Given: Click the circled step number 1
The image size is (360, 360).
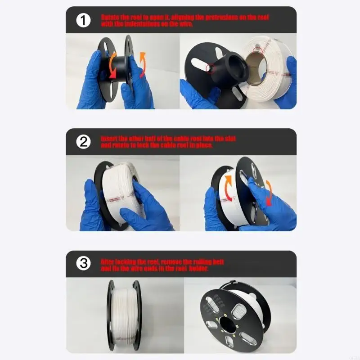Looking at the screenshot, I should coord(83,20).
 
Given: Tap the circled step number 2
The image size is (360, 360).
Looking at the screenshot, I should coord(83,142).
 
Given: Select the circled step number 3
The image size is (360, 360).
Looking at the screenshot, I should coord(83,264).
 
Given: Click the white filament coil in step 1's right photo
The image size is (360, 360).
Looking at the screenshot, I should coord(270,74).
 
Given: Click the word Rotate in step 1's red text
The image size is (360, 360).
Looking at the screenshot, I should coord(110,17).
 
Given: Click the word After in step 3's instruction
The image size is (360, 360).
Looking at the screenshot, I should coord(108,261).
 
